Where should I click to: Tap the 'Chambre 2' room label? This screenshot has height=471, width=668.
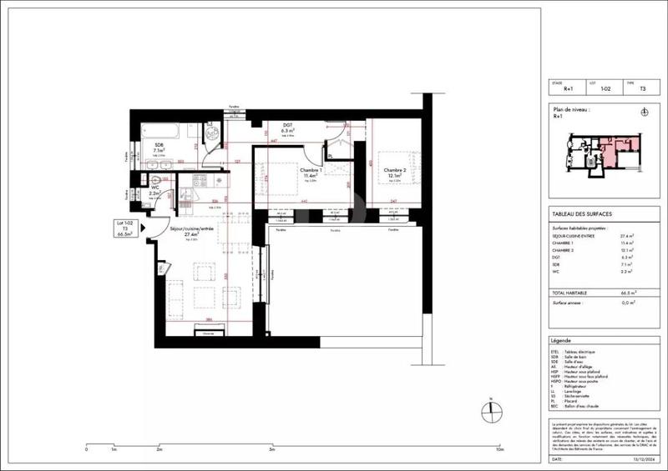point(394,171)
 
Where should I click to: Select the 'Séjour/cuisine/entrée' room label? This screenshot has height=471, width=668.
point(190,228)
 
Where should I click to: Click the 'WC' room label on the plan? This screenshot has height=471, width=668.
point(155,188)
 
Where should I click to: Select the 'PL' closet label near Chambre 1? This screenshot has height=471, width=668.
point(331,156)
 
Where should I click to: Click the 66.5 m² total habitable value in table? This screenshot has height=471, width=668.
point(625,293)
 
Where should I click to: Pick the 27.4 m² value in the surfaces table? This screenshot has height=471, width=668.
point(625,236)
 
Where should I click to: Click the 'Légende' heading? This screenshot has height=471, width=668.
point(560,342)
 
